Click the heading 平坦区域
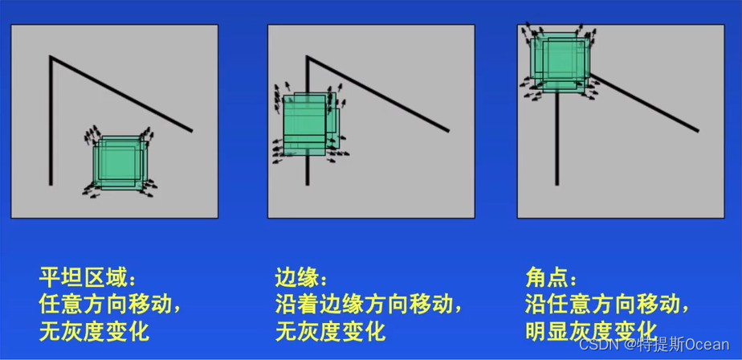coord(84,277)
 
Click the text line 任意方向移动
coord(105,304)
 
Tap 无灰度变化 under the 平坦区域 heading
coord(94,331)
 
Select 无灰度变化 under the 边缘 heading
coord(330,331)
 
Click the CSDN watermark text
coord(654,345)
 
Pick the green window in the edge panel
coord(311,125)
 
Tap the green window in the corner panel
coord(561,63)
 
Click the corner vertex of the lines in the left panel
coord(50,57)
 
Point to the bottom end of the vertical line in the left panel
coord(50,184)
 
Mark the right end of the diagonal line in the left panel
coord(192,130)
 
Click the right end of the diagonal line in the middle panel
coord(448,130)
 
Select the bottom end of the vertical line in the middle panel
coord(307,184)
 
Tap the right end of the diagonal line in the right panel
coord(698,130)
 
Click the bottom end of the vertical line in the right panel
coord(557,184)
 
